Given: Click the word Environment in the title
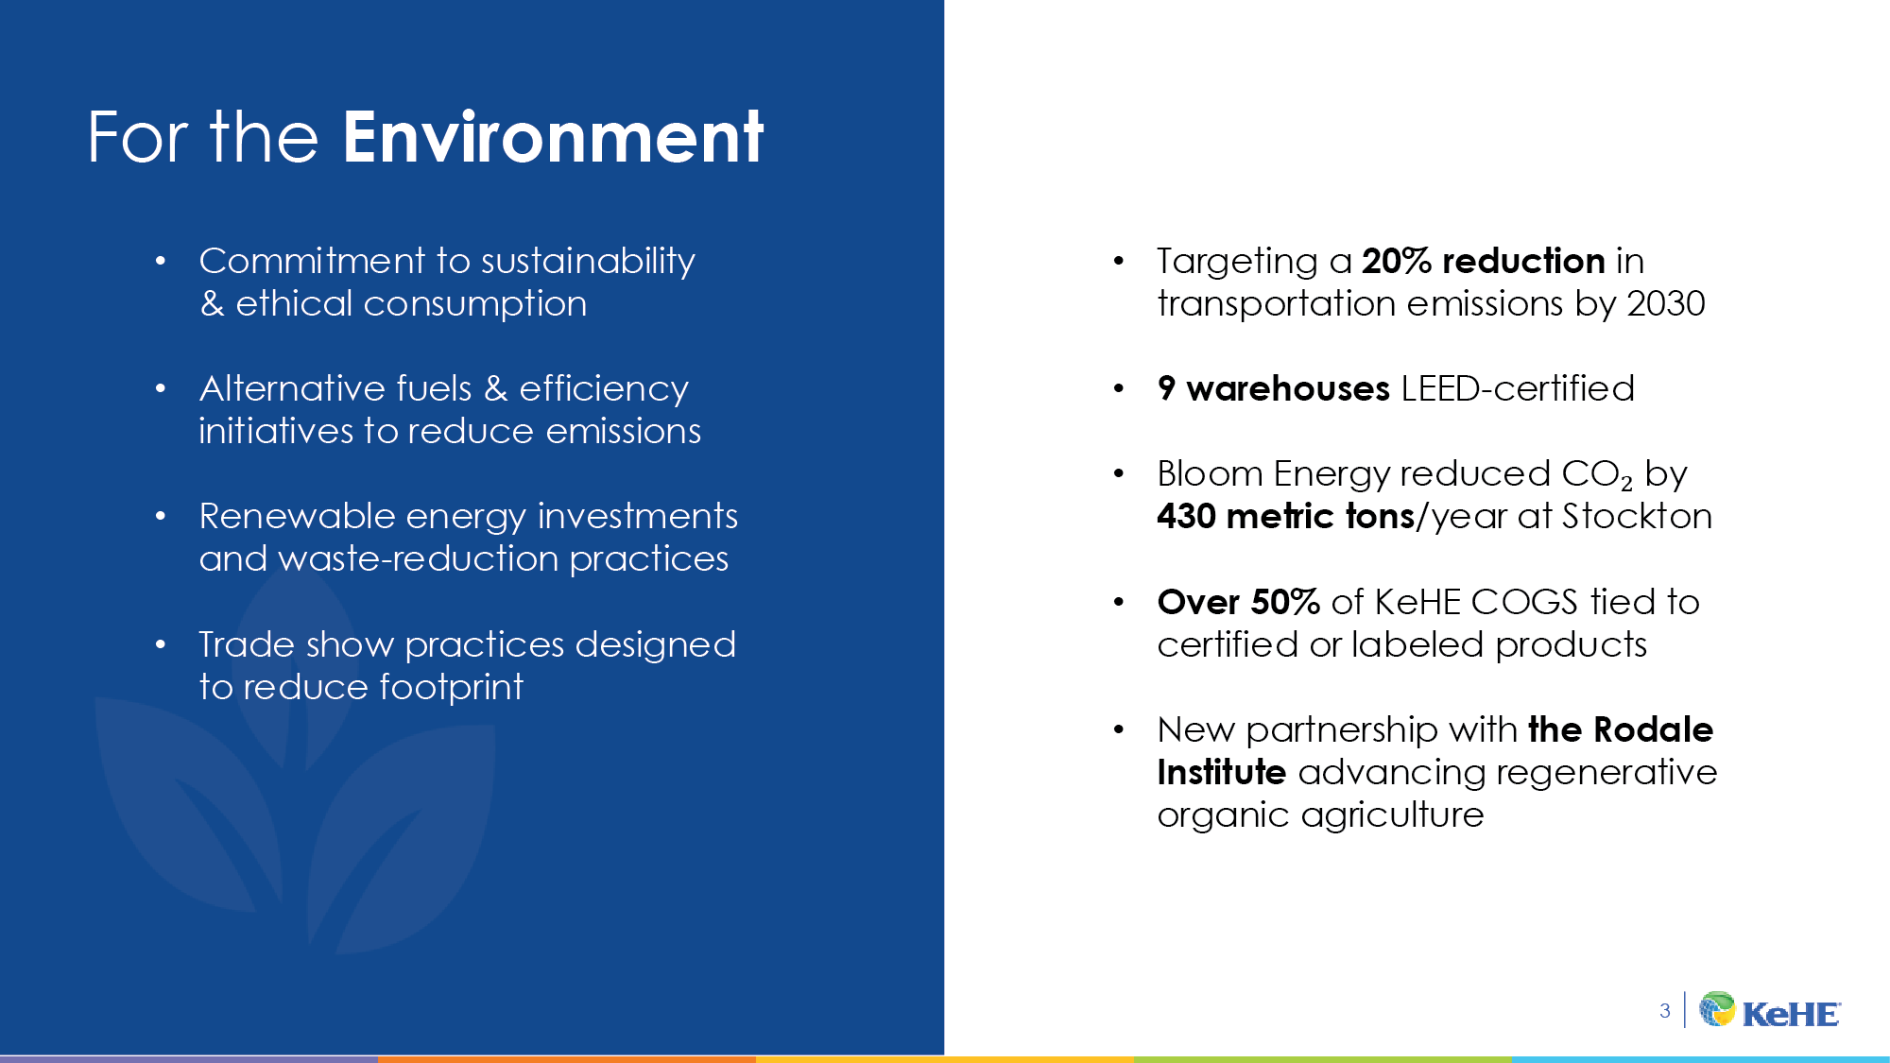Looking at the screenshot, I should pos(553,138).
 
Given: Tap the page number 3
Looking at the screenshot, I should pos(1664,1011).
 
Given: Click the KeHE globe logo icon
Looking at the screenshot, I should pos(1717,1009).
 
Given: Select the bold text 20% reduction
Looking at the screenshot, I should pos(1483,261).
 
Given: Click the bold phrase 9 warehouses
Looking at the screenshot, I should pos(1273,388).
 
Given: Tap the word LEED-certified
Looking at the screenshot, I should pos(1518,388).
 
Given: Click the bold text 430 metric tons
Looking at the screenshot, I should pos(1285,517).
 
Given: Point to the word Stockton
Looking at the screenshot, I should pos(1637,517).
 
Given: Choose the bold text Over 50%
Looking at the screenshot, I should pos(1238,602).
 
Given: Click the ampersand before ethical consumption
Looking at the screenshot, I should pos(213,304).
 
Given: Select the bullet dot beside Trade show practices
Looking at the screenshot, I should pos(161,644).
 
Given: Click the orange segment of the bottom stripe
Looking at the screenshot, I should pos(567,1058).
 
